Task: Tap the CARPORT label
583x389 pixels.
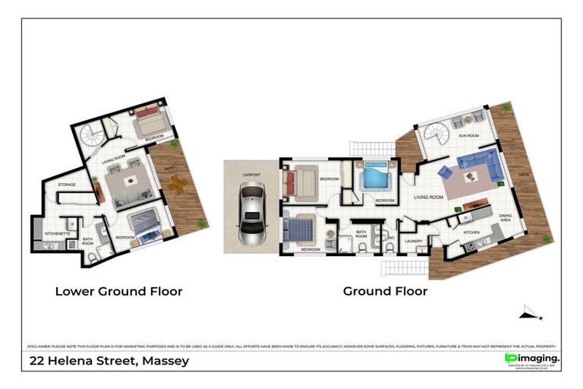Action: tap(251, 175)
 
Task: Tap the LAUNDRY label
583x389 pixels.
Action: tap(414, 242)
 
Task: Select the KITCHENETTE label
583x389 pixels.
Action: tap(58, 233)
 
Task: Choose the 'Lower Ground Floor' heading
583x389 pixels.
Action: tap(118, 291)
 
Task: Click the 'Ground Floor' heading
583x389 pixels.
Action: tap(385, 291)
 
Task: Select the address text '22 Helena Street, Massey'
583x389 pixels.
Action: tap(109, 361)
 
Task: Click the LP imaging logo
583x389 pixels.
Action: tap(531, 359)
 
